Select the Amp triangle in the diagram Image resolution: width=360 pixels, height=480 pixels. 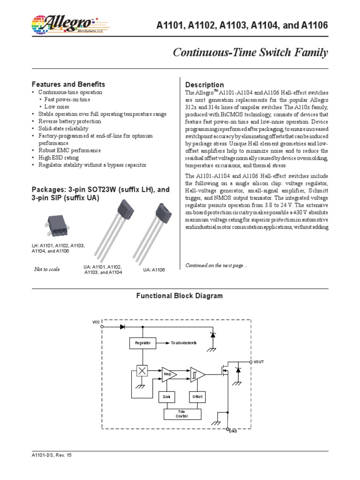(x=168, y=374)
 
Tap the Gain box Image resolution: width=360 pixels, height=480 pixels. (x=166, y=397)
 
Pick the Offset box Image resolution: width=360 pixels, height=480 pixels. (x=197, y=397)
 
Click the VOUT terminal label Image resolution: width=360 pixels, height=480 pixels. (x=259, y=362)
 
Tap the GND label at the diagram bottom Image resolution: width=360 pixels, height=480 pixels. (x=233, y=430)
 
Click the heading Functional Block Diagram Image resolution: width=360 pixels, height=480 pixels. (x=180, y=296)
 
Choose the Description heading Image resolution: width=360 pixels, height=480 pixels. (x=205, y=85)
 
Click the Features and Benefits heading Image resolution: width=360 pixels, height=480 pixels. (x=68, y=84)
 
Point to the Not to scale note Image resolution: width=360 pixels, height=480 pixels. (x=47, y=269)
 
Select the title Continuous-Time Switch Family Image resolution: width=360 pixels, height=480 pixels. (x=251, y=53)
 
